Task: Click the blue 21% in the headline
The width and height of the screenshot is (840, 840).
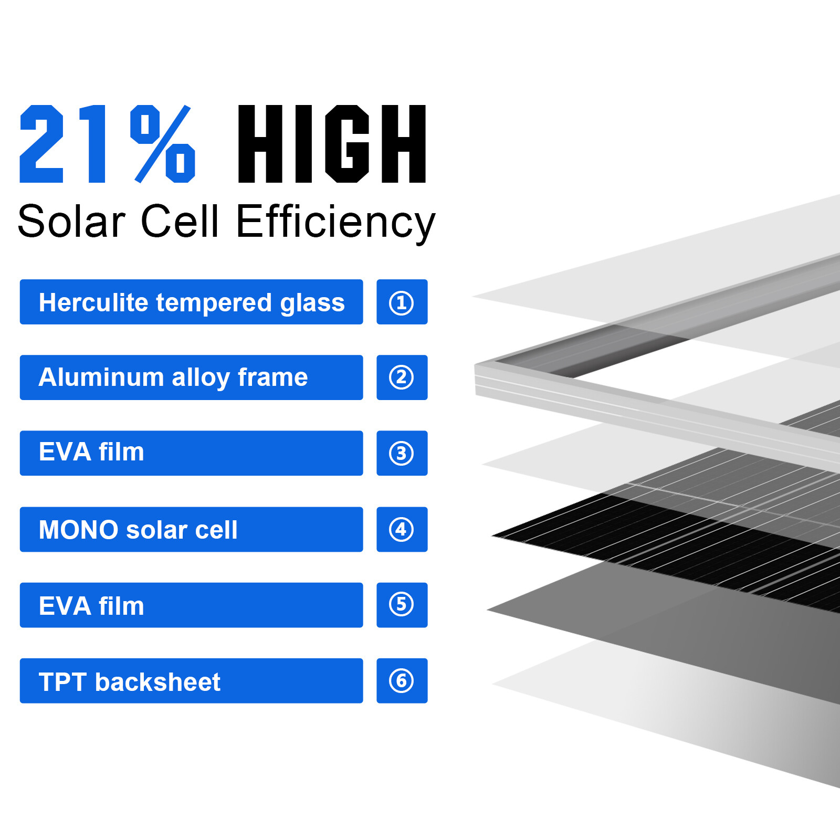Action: (108, 144)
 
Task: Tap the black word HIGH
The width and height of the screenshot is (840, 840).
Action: (332, 144)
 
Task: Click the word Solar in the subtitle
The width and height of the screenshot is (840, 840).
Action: (71, 222)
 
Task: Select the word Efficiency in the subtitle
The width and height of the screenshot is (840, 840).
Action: (336, 222)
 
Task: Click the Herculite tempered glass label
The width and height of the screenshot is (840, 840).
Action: (191, 302)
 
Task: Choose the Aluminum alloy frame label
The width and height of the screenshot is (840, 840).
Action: (191, 377)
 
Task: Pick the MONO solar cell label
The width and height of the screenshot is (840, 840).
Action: (191, 529)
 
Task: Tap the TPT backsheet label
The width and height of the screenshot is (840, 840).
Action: (191, 681)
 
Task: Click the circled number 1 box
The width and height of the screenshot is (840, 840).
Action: (402, 302)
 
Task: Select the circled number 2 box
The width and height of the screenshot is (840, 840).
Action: (402, 377)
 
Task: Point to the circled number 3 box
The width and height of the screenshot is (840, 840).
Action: (402, 453)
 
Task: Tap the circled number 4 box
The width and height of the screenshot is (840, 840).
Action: (402, 529)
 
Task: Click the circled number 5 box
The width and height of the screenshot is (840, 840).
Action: (402, 605)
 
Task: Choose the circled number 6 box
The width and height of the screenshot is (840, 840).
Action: (402, 681)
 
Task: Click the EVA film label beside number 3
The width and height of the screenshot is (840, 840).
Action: (191, 453)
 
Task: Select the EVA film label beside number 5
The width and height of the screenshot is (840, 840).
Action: (191, 605)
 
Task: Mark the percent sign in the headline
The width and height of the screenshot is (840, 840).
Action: (163, 144)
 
